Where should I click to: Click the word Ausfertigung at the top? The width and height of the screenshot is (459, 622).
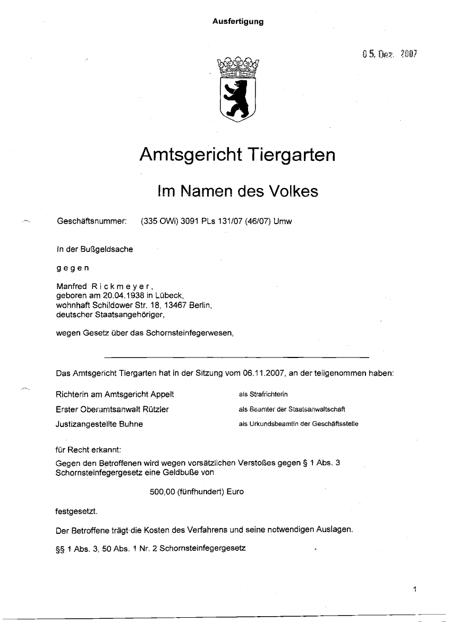point(238,22)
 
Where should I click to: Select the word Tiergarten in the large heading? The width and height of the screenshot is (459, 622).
point(291,155)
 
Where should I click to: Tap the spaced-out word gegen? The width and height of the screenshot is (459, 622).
point(73,268)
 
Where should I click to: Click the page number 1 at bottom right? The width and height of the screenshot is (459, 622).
point(415,589)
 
